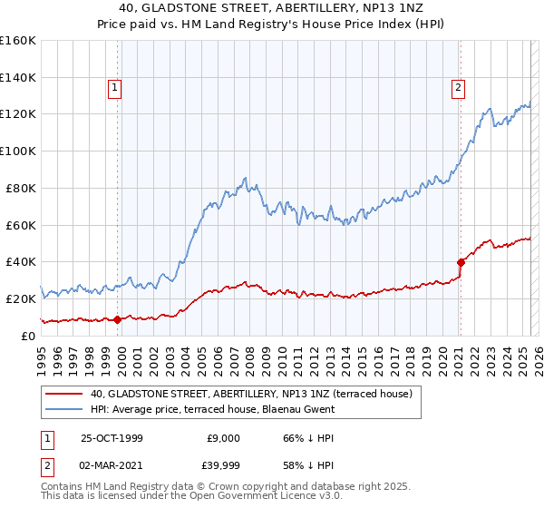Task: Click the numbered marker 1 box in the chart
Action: click(x=117, y=88)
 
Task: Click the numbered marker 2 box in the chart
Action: click(x=459, y=88)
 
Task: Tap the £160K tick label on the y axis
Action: click(x=18, y=41)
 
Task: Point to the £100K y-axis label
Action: click(x=18, y=151)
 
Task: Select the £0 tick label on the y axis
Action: click(x=29, y=336)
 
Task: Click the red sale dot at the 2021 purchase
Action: click(x=460, y=262)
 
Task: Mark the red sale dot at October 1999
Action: click(x=118, y=318)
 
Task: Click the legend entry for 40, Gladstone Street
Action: click(x=251, y=394)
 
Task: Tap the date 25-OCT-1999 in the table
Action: click(x=112, y=437)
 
